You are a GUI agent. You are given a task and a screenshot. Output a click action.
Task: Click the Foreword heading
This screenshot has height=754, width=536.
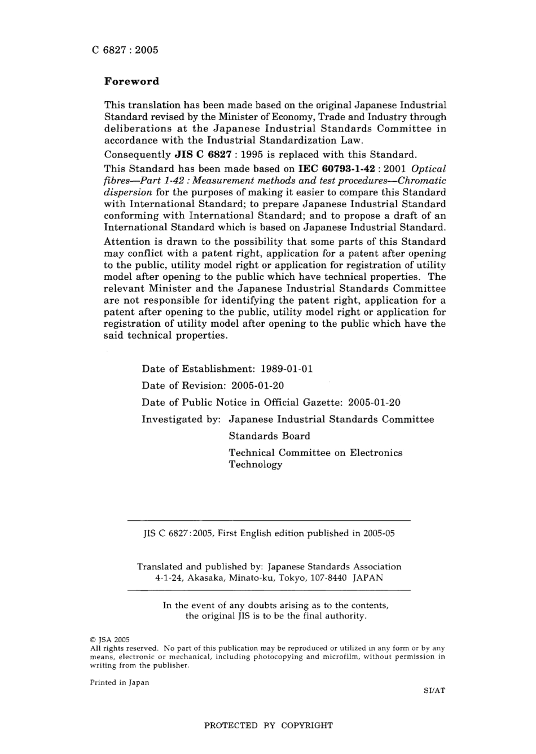pos(132,81)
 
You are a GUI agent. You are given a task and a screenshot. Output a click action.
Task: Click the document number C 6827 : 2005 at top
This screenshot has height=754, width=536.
pos(125,50)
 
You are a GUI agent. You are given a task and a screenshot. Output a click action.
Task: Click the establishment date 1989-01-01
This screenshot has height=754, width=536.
pos(287,369)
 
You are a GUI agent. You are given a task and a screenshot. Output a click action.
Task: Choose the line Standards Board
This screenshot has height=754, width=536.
pos(269,436)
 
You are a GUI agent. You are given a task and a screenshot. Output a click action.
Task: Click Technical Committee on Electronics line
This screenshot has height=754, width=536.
pos(315,453)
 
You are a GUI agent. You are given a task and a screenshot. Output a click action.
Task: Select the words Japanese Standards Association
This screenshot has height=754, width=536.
pos(335,567)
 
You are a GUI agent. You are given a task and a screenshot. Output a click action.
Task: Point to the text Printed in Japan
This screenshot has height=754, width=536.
pos(120,682)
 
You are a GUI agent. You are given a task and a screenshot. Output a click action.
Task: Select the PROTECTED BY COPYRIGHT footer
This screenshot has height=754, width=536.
pos(268,726)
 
